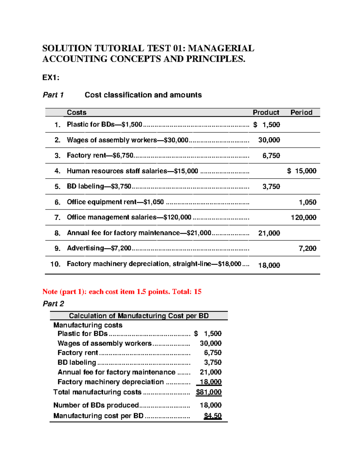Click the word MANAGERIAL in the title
click(x=221, y=48)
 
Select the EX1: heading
click(x=51, y=78)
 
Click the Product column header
click(x=266, y=113)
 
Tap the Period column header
click(x=301, y=113)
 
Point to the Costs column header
click(x=76, y=113)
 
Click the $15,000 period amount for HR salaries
click(x=302, y=171)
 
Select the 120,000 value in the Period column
click(x=304, y=218)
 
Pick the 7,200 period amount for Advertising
click(x=307, y=248)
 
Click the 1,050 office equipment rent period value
click(x=307, y=202)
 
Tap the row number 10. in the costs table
click(x=55, y=264)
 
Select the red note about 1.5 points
click(x=122, y=292)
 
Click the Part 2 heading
click(x=53, y=304)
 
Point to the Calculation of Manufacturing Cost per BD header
click(x=139, y=316)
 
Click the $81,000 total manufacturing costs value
click(x=209, y=392)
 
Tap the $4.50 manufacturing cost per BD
click(x=213, y=416)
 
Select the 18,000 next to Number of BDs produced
click(x=211, y=405)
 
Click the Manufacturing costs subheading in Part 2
click(x=88, y=325)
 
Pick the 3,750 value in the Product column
click(x=271, y=187)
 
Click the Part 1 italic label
click(x=53, y=95)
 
